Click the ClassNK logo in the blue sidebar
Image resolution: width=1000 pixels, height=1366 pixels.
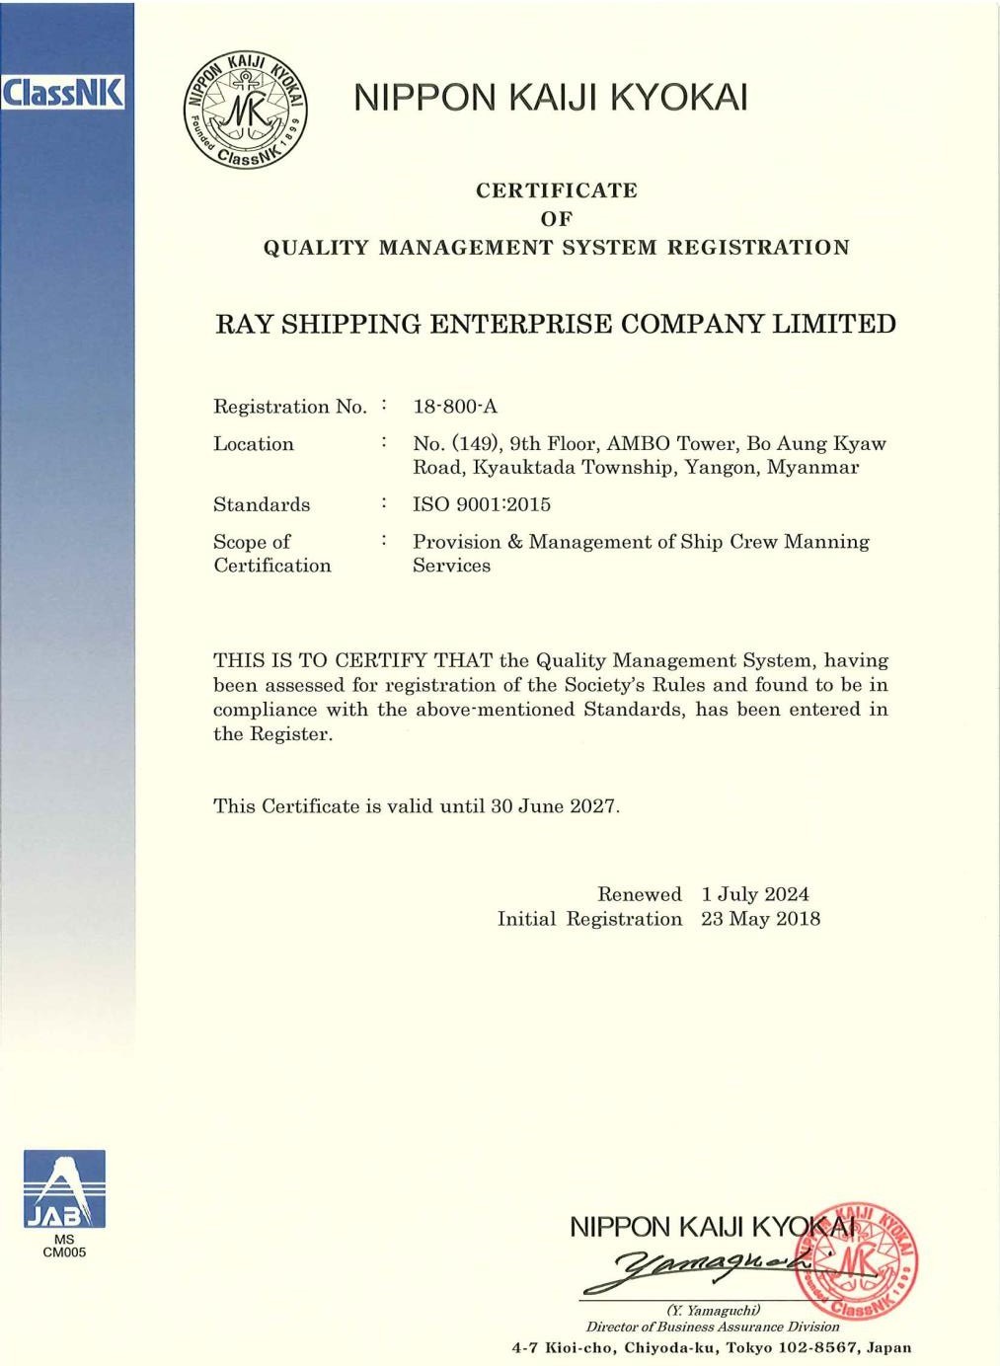point(63,94)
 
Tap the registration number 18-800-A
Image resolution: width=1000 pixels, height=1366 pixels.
point(455,407)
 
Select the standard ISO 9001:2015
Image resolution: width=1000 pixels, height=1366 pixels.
point(482,504)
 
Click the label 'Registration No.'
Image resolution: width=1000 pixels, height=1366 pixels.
point(290,407)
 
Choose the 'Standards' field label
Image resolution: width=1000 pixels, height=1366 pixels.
point(262,504)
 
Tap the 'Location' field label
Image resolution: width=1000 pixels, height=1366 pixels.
point(254,444)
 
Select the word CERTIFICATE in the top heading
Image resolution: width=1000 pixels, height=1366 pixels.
point(557,190)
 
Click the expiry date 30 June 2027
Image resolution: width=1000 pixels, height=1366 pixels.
point(554,806)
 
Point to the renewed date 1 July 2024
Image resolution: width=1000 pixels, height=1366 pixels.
point(755,894)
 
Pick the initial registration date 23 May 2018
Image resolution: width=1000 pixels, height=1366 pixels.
point(760,919)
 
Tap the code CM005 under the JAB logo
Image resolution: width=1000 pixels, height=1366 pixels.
point(64,1252)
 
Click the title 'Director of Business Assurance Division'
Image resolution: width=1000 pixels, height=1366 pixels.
point(713,1327)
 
